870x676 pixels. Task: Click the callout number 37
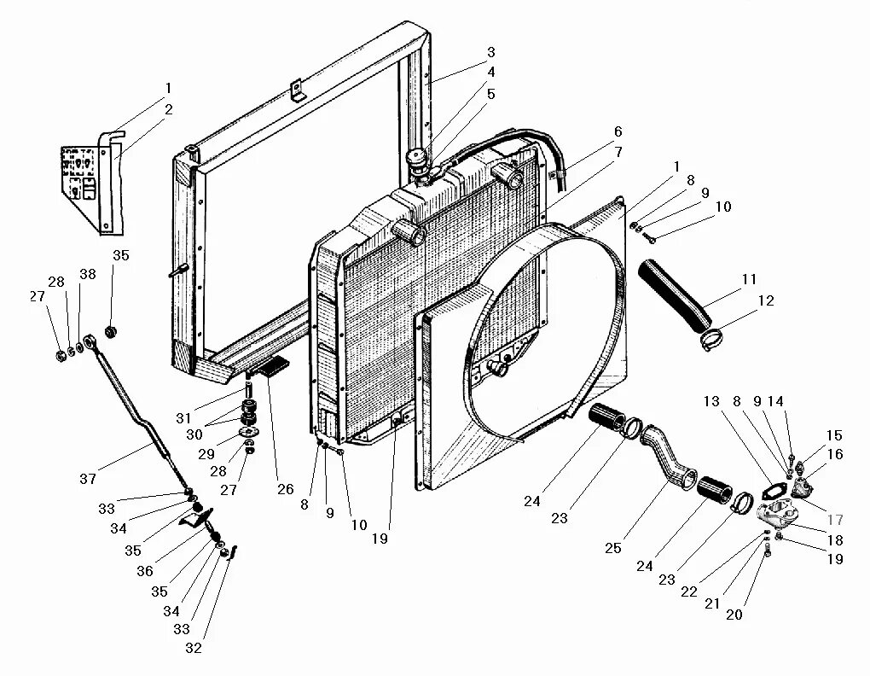[x=87, y=479]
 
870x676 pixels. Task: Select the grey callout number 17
[x=835, y=520]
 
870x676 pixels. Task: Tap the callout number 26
[x=285, y=489]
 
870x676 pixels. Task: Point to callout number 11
[x=749, y=279]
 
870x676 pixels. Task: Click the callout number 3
[x=491, y=53]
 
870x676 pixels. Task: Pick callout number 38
[x=89, y=275]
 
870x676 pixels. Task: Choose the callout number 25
[x=612, y=548]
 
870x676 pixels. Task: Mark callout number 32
[x=193, y=647]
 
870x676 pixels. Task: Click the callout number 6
[x=618, y=131]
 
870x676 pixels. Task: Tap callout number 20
[x=734, y=614]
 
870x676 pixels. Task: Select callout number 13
[x=711, y=402]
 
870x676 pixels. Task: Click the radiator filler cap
[x=419, y=159]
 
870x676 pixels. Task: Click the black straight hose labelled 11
[x=674, y=294]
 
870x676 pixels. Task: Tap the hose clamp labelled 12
[x=710, y=341]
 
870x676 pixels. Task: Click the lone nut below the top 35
[x=110, y=330]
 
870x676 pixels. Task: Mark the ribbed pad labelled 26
[x=275, y=367]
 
